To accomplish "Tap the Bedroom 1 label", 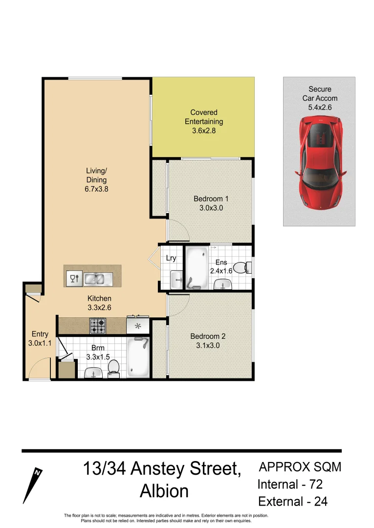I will (x=211, y=199).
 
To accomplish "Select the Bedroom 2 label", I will (x=208, y=336).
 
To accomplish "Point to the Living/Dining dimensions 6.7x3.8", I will (x=96, y=189).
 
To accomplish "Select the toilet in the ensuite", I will (x=241, y=267).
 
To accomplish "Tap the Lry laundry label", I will (x=171, y=258).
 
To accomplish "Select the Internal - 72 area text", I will (x=290, y=484).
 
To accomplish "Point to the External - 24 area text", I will (x=292, y=502).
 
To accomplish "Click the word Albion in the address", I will (x=164, y=491).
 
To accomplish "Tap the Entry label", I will (x=40, y=334).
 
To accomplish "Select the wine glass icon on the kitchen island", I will (x=74, y=279).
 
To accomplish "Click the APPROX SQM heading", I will (x=300, y=467).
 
